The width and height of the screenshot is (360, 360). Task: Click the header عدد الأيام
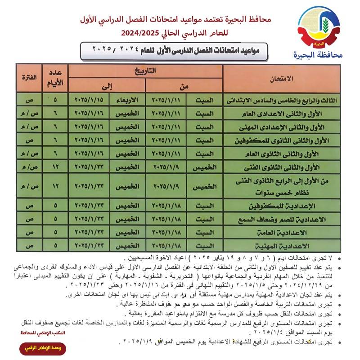[x=54, y=78]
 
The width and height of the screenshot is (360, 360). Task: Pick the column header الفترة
[x=28, y=78]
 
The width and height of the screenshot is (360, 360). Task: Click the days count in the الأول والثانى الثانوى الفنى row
[x=55, y=167]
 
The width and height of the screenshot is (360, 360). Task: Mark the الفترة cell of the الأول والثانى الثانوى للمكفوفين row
[x=28, y=140]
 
